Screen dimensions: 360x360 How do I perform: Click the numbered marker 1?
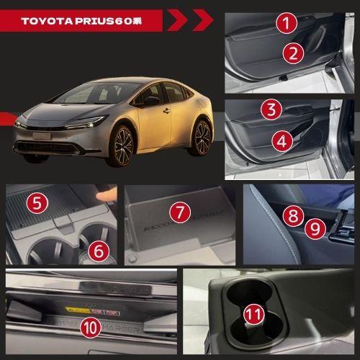pyautogui.click(x=288, y=23)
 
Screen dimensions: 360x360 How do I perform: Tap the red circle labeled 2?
pyautogui.click(x=291, y=53)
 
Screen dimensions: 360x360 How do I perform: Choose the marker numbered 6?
pyautogui.click(x=99, y=251)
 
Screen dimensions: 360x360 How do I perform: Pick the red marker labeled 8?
pyautogui.click(x=292, y=215)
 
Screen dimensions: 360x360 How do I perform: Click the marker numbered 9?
pyautogui.click(x=312, y=230)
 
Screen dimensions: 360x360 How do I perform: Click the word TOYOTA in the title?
pyautogui.click(x=47, y=20)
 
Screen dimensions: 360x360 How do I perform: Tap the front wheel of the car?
pyautogui.click(x=123, y=145)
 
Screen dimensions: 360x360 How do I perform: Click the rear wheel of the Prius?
pyautogui.click(x=202, y=137)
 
